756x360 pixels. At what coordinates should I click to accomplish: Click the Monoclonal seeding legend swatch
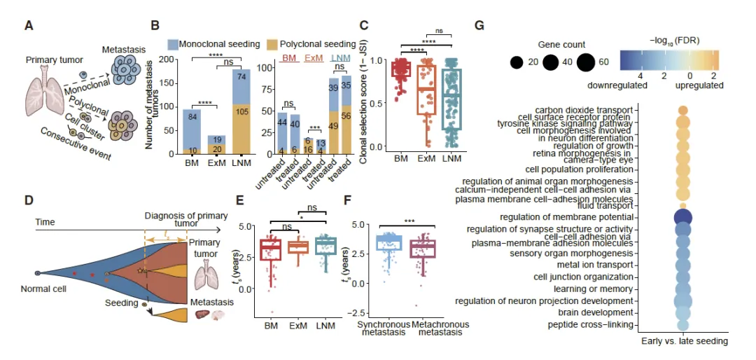click(x=174, y=43)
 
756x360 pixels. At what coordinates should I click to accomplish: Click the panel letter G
click(x=479, y=26)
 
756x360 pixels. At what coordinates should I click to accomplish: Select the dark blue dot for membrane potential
click(x=684, y=217)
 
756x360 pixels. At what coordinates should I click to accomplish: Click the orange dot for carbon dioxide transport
click(x=684, y=110)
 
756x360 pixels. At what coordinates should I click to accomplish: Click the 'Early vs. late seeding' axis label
click(x=685, y=341)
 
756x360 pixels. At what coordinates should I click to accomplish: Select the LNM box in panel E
click(x=326, y=245)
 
